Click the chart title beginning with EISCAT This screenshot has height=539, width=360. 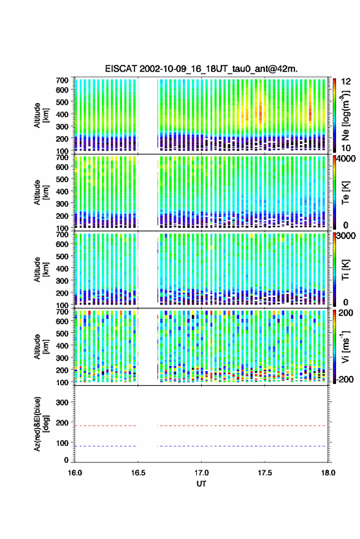click(201, 69)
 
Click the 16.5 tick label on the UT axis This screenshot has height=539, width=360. click(138, 473)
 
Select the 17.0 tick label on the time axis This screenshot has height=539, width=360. click(201, 473)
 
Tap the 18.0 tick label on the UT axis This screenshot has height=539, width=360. click(328, 473)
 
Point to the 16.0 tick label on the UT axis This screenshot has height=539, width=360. click(75, 473)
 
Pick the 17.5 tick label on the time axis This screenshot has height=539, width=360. click(265, 473)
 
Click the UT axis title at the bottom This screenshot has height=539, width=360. click(201, 484)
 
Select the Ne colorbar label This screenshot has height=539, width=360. click(346, 115)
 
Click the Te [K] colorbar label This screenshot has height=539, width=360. click(345, 193)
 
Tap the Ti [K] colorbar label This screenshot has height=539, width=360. click(345, 270)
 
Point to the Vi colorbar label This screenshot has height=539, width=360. click(345, 346)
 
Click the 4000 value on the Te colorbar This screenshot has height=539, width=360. click(345, 159)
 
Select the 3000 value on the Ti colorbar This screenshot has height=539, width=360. click(345, 236)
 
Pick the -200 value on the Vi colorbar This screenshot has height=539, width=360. click(344, 380)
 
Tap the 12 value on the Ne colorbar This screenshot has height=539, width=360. click(346, 82)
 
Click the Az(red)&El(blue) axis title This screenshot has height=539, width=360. click(41, 424)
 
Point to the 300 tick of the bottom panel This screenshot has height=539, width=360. click(62, 402)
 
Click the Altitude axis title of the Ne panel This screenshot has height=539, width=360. click(41, 115)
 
